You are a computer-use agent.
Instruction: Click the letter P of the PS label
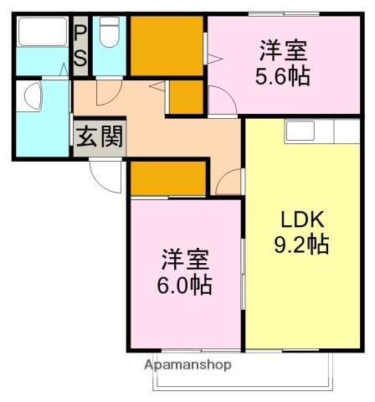point(81,32)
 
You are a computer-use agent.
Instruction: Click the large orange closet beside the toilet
point(167,46)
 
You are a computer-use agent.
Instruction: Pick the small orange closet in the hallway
point(187,98)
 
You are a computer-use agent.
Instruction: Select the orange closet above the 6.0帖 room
point(167,178)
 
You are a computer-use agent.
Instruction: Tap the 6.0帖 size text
point(184,286)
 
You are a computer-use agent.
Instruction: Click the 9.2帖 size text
point(301,245)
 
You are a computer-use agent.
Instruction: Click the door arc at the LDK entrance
point(229,180)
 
